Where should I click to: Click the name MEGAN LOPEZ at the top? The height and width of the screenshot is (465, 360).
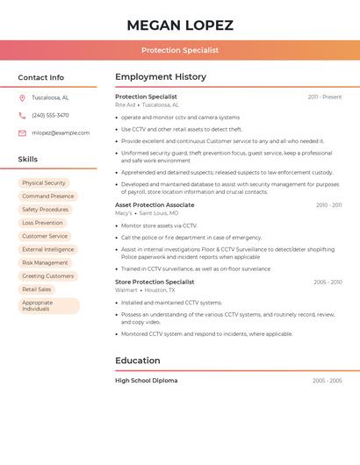tap(180, 25)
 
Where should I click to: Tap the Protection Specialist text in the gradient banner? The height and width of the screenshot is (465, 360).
tap(180, 50)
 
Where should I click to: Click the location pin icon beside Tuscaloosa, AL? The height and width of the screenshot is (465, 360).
tap(22, 97)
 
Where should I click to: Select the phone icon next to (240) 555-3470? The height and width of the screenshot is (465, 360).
tap(22, 115)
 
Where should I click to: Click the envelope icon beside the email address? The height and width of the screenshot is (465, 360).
tap(22, 132)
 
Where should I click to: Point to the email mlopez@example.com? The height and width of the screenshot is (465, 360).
tap(61, 132)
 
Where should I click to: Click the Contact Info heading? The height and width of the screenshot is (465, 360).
tap(41, 77)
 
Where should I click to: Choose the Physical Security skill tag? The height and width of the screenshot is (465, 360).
tap(44, 183)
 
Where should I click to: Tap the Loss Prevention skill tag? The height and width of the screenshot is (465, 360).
tap(42, 223)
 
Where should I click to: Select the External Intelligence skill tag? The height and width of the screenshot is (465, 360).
tap(47, 249)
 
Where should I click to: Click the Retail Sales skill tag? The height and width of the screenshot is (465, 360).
tap(37, 289)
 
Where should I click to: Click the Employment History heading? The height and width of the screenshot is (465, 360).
tap(161, 77)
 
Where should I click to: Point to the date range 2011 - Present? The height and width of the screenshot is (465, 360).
tap(325, 97)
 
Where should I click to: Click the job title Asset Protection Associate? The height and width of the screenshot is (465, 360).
tap(155, 204)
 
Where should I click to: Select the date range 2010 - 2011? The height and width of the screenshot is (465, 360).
tap(329, 205)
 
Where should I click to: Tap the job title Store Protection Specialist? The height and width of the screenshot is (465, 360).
tap(155, 282)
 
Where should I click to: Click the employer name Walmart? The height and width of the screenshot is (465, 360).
tap(126, 290)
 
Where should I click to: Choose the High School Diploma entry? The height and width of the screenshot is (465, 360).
tap(146, 381)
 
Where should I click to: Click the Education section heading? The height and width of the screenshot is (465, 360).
tap(138, 360)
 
